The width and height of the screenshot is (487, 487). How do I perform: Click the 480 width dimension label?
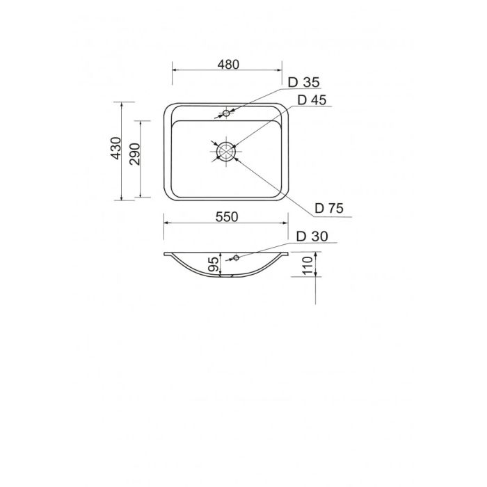[x=228, y=65]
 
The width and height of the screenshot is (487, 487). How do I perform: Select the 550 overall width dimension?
[x=227, y=217]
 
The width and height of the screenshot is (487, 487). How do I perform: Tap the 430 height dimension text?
[x=116, y=148]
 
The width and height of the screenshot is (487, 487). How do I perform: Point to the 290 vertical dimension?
[x=135, y=154]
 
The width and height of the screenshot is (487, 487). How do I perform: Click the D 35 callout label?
[x=304, y=82]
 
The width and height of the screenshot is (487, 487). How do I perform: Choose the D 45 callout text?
[x=312, y=100]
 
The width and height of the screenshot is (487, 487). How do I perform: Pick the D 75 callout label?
[x=329, y=208]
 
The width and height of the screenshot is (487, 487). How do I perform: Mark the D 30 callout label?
[x=312, y=237]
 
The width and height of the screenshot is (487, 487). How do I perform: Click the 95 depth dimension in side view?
[x=213, y=264]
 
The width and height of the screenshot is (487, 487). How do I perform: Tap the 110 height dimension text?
[x=308, y=265]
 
